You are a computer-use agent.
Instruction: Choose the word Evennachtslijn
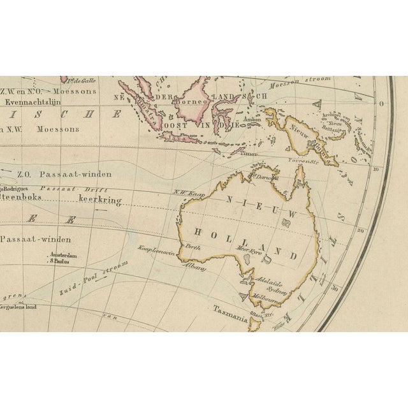31,101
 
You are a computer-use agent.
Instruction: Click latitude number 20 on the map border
361,231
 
